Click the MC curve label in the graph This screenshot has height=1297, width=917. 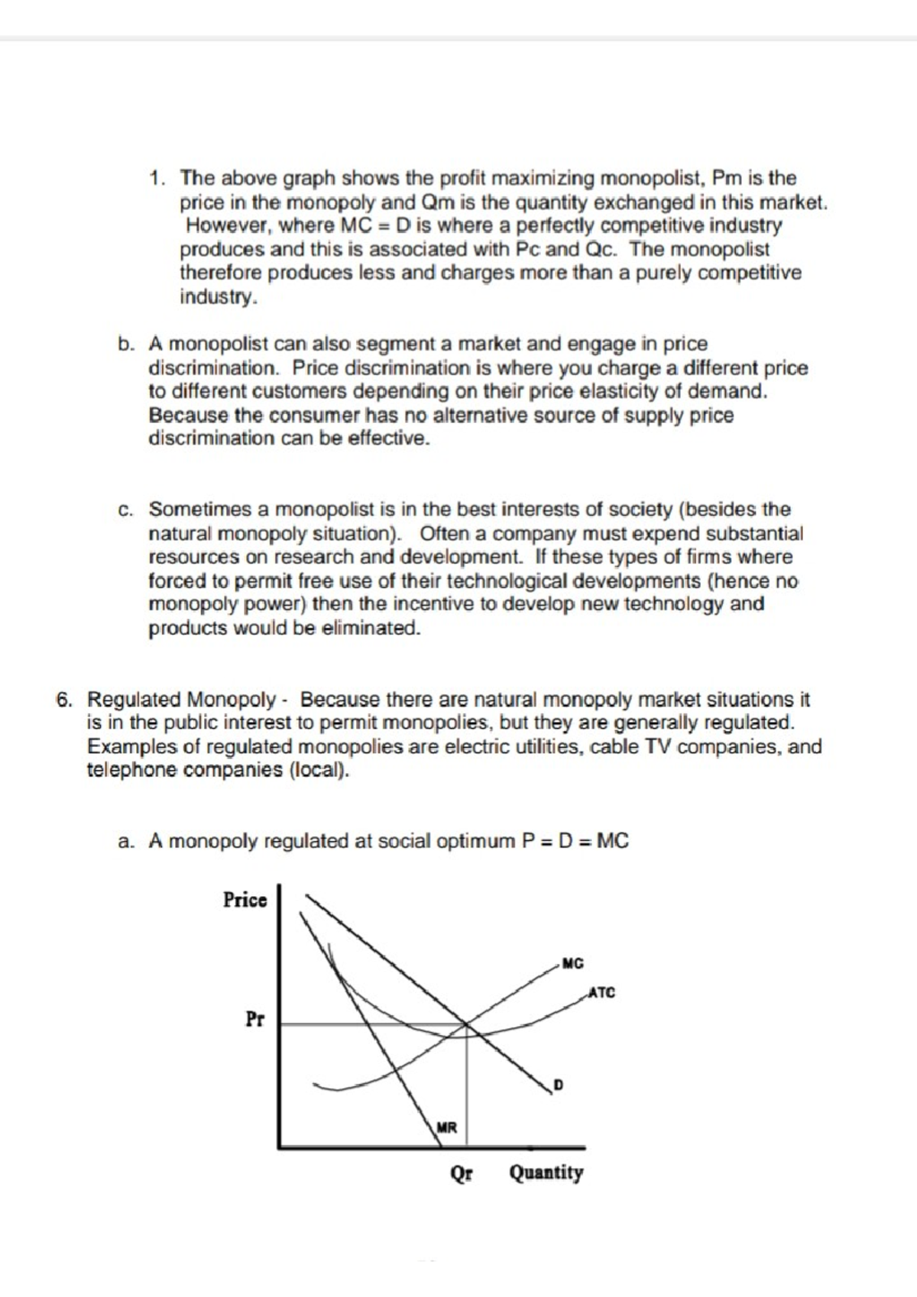(x=572, y=964)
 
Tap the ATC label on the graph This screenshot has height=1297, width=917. (x=601, y=993)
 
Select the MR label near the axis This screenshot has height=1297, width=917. (x=446, y=1127)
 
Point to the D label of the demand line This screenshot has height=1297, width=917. (x=558, y=1085)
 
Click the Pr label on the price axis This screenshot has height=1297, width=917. (x=254, y=1019)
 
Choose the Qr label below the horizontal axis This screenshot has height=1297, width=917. (x=461, y=1172)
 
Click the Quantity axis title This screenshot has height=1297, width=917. (x=546, y=1172)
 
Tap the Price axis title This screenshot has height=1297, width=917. (x=245, y=900)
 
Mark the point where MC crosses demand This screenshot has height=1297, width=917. (x=465, y=1024)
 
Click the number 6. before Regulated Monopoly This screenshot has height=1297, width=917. (x=65, y=700)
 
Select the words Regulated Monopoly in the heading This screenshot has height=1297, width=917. (x=181, y=700)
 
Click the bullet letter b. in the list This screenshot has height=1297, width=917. (x=126, y=344)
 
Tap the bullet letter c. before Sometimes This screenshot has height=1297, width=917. (x=126, y=510)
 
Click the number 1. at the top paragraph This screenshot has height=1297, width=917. (x=158, y=179)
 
